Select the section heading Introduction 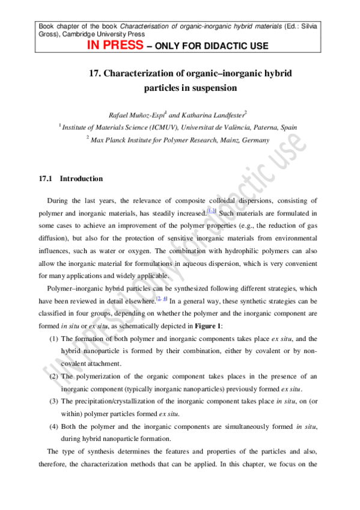click(x=81, y=179)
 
